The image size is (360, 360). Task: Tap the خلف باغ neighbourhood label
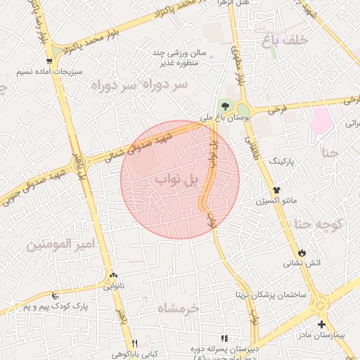(285, 40)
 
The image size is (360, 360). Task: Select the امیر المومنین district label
(60, 245)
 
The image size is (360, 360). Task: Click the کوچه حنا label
(318, 225)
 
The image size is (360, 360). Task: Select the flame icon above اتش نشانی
(302, 252)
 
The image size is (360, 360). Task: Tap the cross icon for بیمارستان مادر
(321, 325)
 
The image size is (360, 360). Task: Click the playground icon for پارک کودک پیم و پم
(56, 295)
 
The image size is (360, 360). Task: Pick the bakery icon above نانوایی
(113, 276)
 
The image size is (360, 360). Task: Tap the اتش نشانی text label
(302, 264)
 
